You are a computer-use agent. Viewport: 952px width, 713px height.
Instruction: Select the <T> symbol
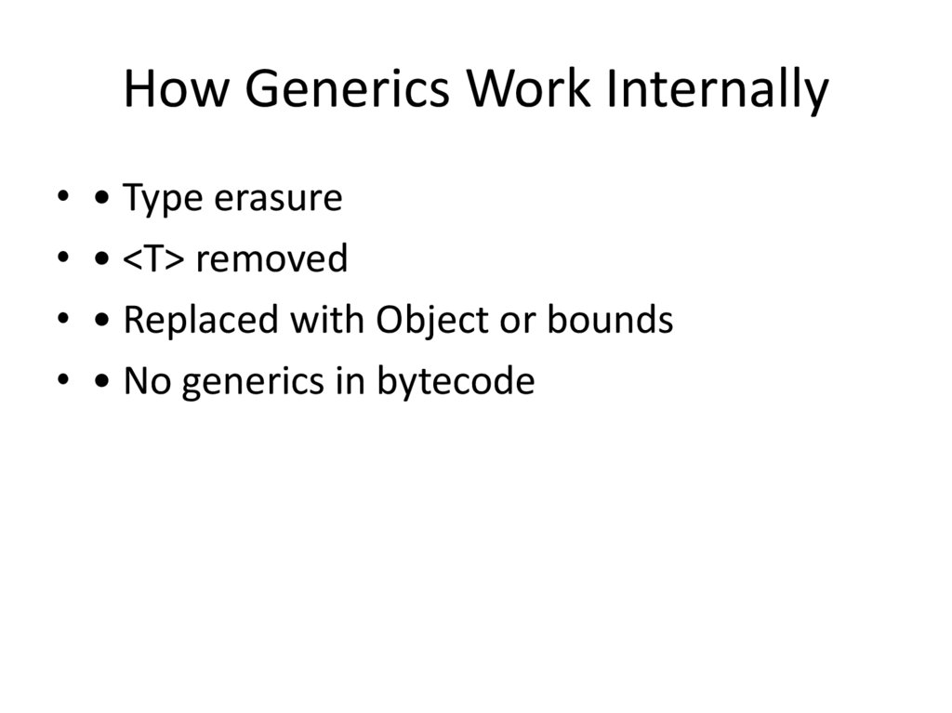click(154, 258)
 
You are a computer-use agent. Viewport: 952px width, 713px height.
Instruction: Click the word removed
click(271, 258)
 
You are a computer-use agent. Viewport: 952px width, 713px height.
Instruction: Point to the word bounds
click(609, 320)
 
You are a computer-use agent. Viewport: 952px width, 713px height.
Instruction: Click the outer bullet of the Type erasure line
click(62, 197)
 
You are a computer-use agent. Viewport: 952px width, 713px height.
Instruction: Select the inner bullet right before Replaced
click(103, 321)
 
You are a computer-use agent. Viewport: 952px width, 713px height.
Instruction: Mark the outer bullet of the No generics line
click(62, 380)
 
